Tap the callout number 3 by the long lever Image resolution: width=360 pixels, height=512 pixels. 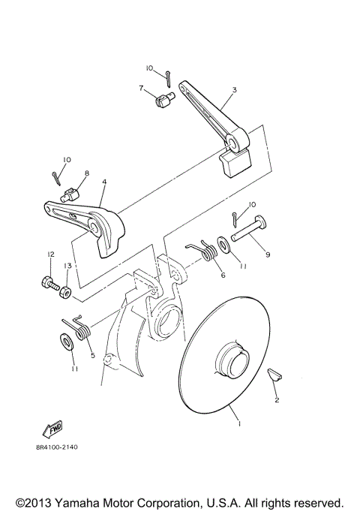click(x=234, y=90)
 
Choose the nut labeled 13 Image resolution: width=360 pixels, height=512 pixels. click(x=64, y=289)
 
